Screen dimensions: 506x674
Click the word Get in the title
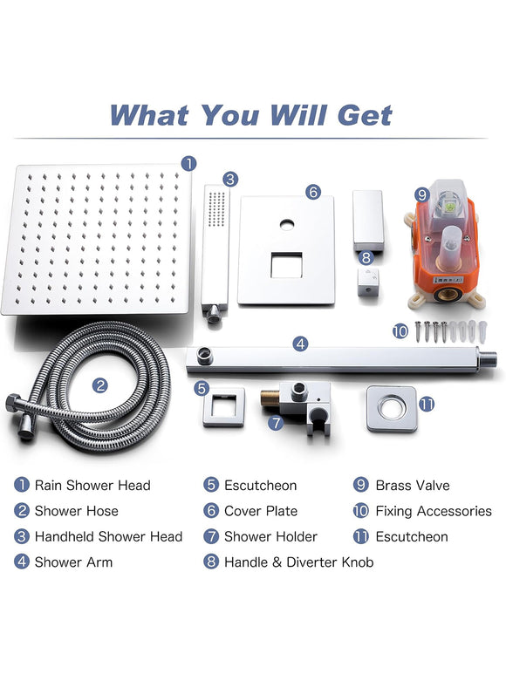(365, 115)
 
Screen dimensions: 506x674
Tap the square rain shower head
(97, 239)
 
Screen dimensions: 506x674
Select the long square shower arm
(342, 359)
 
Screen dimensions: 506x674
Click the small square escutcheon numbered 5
(224, 406)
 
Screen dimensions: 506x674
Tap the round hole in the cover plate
(287, 224)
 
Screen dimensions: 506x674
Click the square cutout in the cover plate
(286, 265)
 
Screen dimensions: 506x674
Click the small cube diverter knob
(368, 283)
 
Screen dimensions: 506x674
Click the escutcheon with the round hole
(392, 408)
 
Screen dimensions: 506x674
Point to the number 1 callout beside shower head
(188, 163)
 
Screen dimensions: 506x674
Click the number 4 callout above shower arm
(300, 344)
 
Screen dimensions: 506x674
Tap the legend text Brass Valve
(413, 486)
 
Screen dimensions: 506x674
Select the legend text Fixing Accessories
(434, 511)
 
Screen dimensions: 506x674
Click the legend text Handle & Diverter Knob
(298, 562)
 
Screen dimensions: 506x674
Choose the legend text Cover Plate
(261, 511)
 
